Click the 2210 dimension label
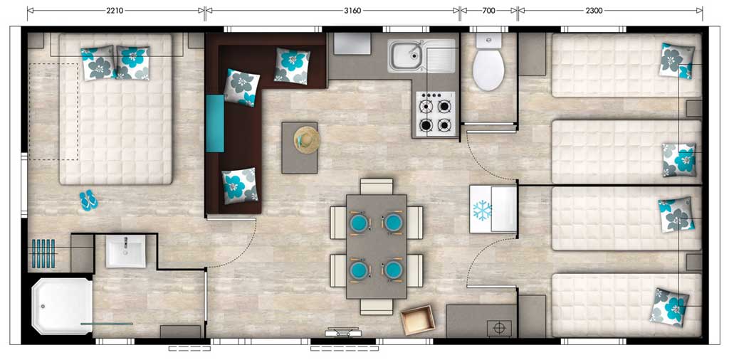(115, 11)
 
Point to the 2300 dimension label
(594, 11)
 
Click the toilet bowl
(488, 70)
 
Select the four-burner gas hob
(435, 114)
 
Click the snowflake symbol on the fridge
(482, 211)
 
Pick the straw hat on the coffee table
(306, 140)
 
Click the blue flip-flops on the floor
(88, 201)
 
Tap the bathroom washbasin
(125, 251)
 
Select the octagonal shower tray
(62, 306)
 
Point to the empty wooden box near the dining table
(418, 319)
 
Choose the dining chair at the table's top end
(377, 186)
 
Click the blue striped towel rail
(43, 253)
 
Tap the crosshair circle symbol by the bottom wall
(499, 328)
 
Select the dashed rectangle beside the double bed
(54, 112)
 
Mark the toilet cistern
(488, 41)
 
